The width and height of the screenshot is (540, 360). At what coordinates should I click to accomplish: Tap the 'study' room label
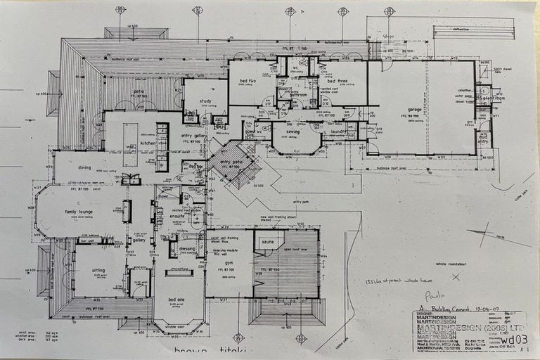[x=205, y=101]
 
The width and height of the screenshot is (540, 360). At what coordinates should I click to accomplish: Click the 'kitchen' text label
[x=148, y=143]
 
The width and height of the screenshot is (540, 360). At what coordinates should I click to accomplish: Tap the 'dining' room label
[x=85, y=167]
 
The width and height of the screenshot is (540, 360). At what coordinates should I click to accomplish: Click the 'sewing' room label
[x=292, y=131]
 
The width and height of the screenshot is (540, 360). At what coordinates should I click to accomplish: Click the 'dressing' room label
[x=187, y=247]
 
